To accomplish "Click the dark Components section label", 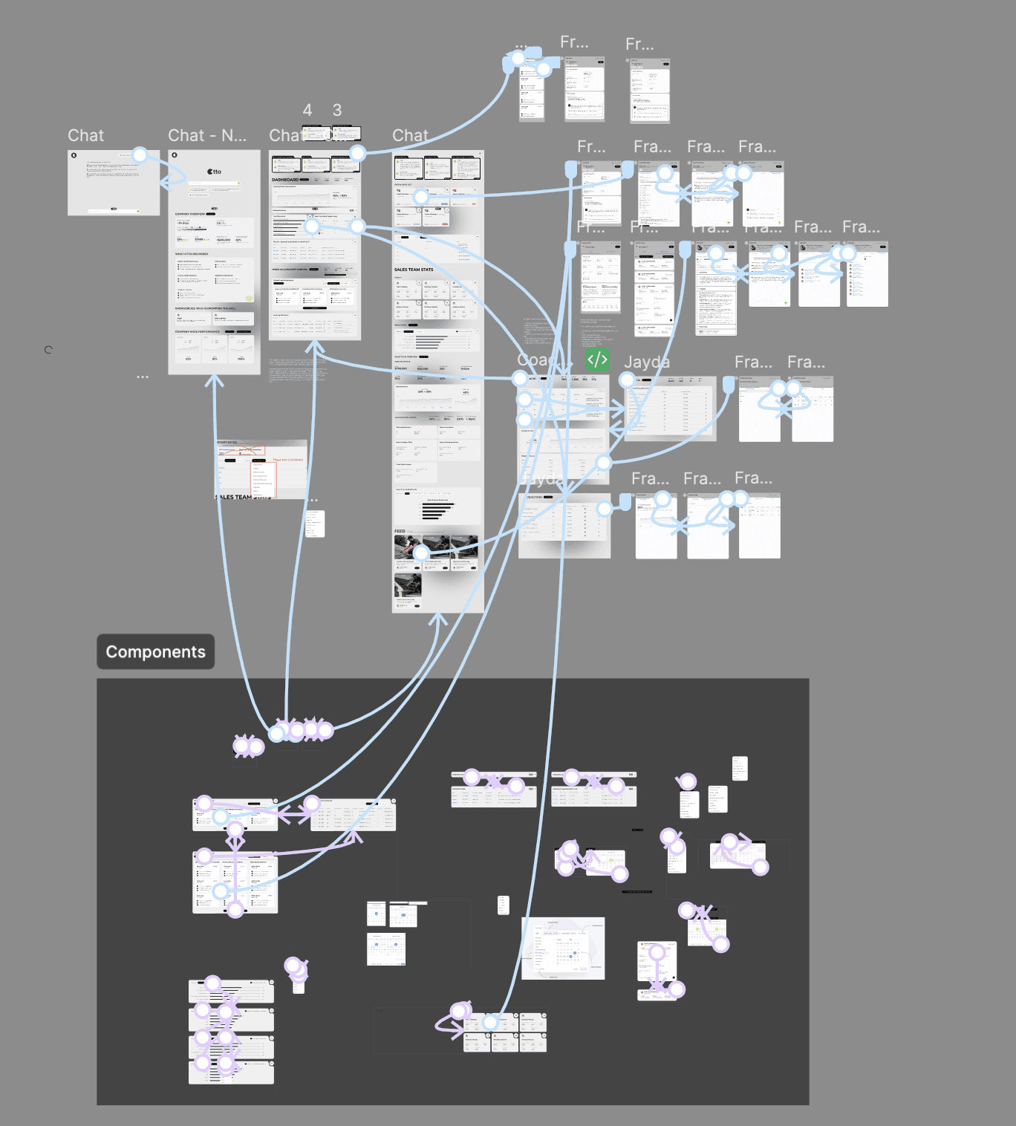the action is tap(156, 651).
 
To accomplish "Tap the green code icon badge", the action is tap(597, 360).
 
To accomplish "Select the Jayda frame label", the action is tap(646, 362).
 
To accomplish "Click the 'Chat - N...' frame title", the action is tap(206, 135).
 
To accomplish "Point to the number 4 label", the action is tap(307, 111).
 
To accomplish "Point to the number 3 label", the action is tap(337, 111).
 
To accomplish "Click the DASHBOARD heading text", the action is tap(285, 180).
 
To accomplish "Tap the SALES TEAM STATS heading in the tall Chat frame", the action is tap(414, 270).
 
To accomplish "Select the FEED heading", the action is tap(400, 531).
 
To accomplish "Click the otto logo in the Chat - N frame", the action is tap(215, 172).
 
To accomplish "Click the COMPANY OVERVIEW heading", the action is tap(190, 214).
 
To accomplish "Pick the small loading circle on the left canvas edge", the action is tap(48, 349).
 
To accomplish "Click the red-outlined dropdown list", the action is tap(264, 480).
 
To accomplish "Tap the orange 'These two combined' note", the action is tap(287, 460).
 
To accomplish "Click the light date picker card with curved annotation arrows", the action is tap(563, 948).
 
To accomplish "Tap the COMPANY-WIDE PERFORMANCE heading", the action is tap(198, 331).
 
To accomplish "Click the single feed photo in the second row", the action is tap(408, 585).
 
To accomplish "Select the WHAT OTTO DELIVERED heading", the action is tap(192, 254).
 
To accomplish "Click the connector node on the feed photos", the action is tap(421, 552).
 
